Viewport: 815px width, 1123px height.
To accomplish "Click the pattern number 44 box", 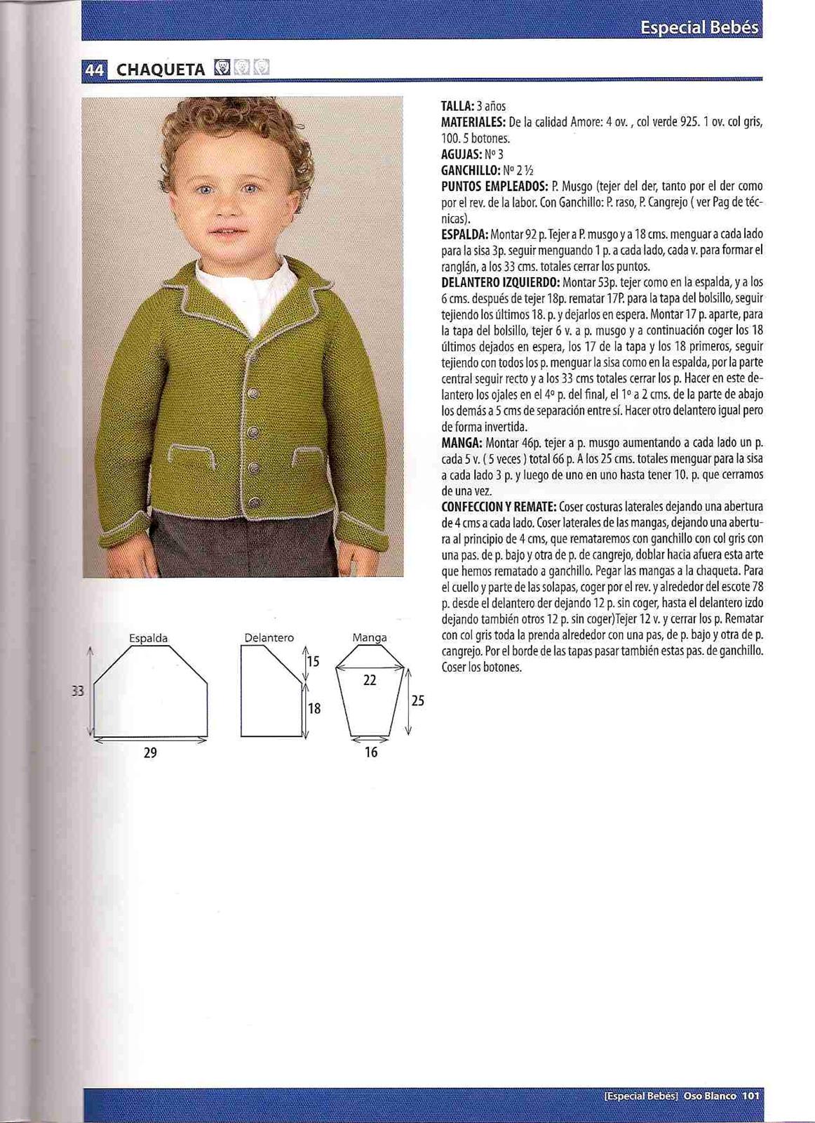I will pyautogui.click(x=95, y=69).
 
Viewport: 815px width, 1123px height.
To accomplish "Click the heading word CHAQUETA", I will pyautogui.click(x=161, y=69).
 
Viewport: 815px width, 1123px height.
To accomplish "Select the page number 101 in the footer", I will pyautogui.click(x=752, y=1095).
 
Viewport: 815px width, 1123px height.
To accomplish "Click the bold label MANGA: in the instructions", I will pyautogui.click(x=461, y=443).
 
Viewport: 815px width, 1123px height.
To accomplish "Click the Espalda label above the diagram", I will pyautogui.click(x=149, y=638).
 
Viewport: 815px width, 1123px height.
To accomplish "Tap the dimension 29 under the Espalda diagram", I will pyautogui.click(x=150, y=753).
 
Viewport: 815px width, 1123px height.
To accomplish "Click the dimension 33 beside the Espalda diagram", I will pyautogui.click(x=78, y=691).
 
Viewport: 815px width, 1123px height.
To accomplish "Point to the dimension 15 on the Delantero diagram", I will pyautogui.click(x=313, y=661).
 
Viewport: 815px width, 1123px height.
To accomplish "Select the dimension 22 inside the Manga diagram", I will pyautogui.click(x=370, y=680).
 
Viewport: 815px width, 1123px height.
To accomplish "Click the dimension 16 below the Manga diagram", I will pyautogui.click(x=371, y=752).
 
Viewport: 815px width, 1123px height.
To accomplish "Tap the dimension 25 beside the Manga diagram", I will pyautogui.click(x=417, y=700).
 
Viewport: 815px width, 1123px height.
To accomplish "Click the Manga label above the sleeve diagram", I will pyautogui.click(x=370, y=638).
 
